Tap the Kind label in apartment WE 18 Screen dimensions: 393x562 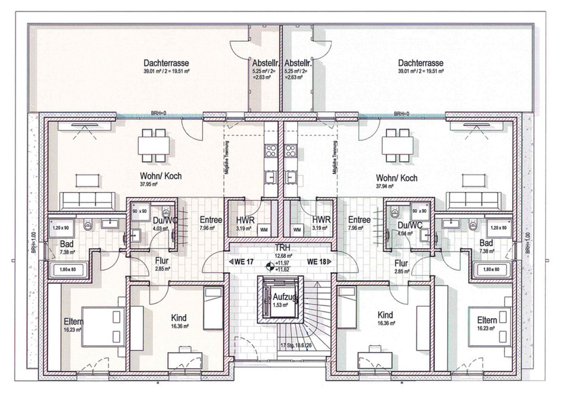(385, 315)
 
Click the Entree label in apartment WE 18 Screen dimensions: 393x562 (359, 220)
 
